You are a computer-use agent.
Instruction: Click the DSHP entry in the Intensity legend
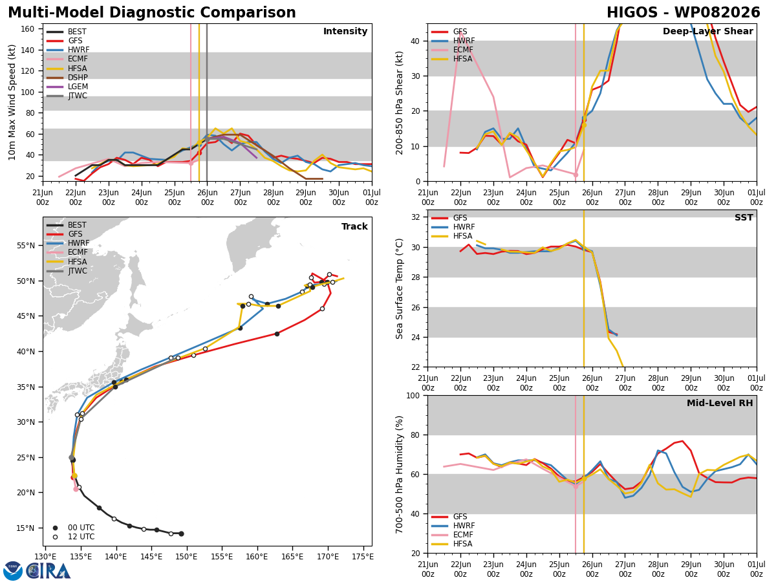coord(78,78)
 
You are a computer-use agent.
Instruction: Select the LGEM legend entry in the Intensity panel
coord(78,87)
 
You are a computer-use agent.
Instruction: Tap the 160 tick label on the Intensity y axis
coord(28,29)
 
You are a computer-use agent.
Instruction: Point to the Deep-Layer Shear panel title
coord(707,32)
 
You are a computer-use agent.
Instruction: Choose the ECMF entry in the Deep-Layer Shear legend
coord(463,50)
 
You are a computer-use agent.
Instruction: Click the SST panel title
coord(744,218)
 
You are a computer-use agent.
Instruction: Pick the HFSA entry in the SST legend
coord(462,236)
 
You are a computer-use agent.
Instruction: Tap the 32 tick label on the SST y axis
coord(415,217)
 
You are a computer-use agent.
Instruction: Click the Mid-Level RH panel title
coord(720,403)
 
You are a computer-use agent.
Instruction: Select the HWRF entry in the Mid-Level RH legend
coord(464,526)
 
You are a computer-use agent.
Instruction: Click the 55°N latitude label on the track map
coord(26,246)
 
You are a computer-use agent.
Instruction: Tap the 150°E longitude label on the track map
coord(186,557)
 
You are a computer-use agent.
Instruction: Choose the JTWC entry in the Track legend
coord(78,271)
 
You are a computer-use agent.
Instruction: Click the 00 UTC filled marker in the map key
coord(55,528)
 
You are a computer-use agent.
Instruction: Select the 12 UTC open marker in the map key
coord(55,537)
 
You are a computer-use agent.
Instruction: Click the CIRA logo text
coord(48,571)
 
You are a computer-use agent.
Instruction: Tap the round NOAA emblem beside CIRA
coord(13,571)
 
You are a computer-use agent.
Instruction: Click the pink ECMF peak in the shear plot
coord(460,33)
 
